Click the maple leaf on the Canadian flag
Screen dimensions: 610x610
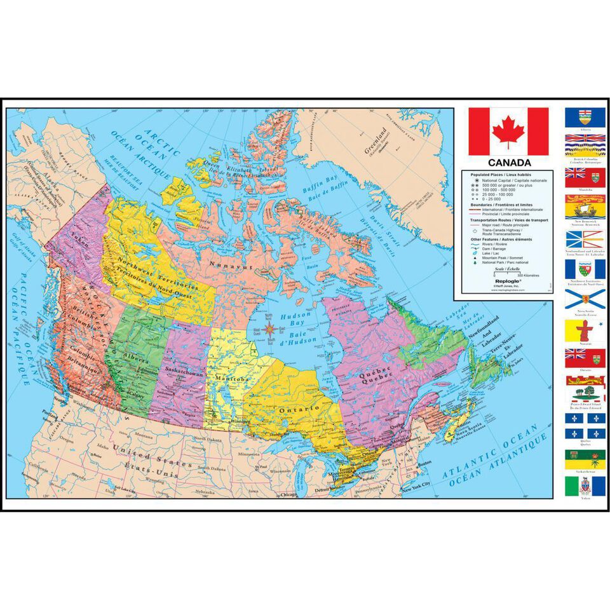[508, 132]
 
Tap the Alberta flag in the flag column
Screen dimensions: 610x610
[585, 117]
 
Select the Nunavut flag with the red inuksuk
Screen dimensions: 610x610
[585, 330]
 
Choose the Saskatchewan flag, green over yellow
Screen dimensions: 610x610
[585, 459]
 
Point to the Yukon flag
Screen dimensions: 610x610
[585, 487]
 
